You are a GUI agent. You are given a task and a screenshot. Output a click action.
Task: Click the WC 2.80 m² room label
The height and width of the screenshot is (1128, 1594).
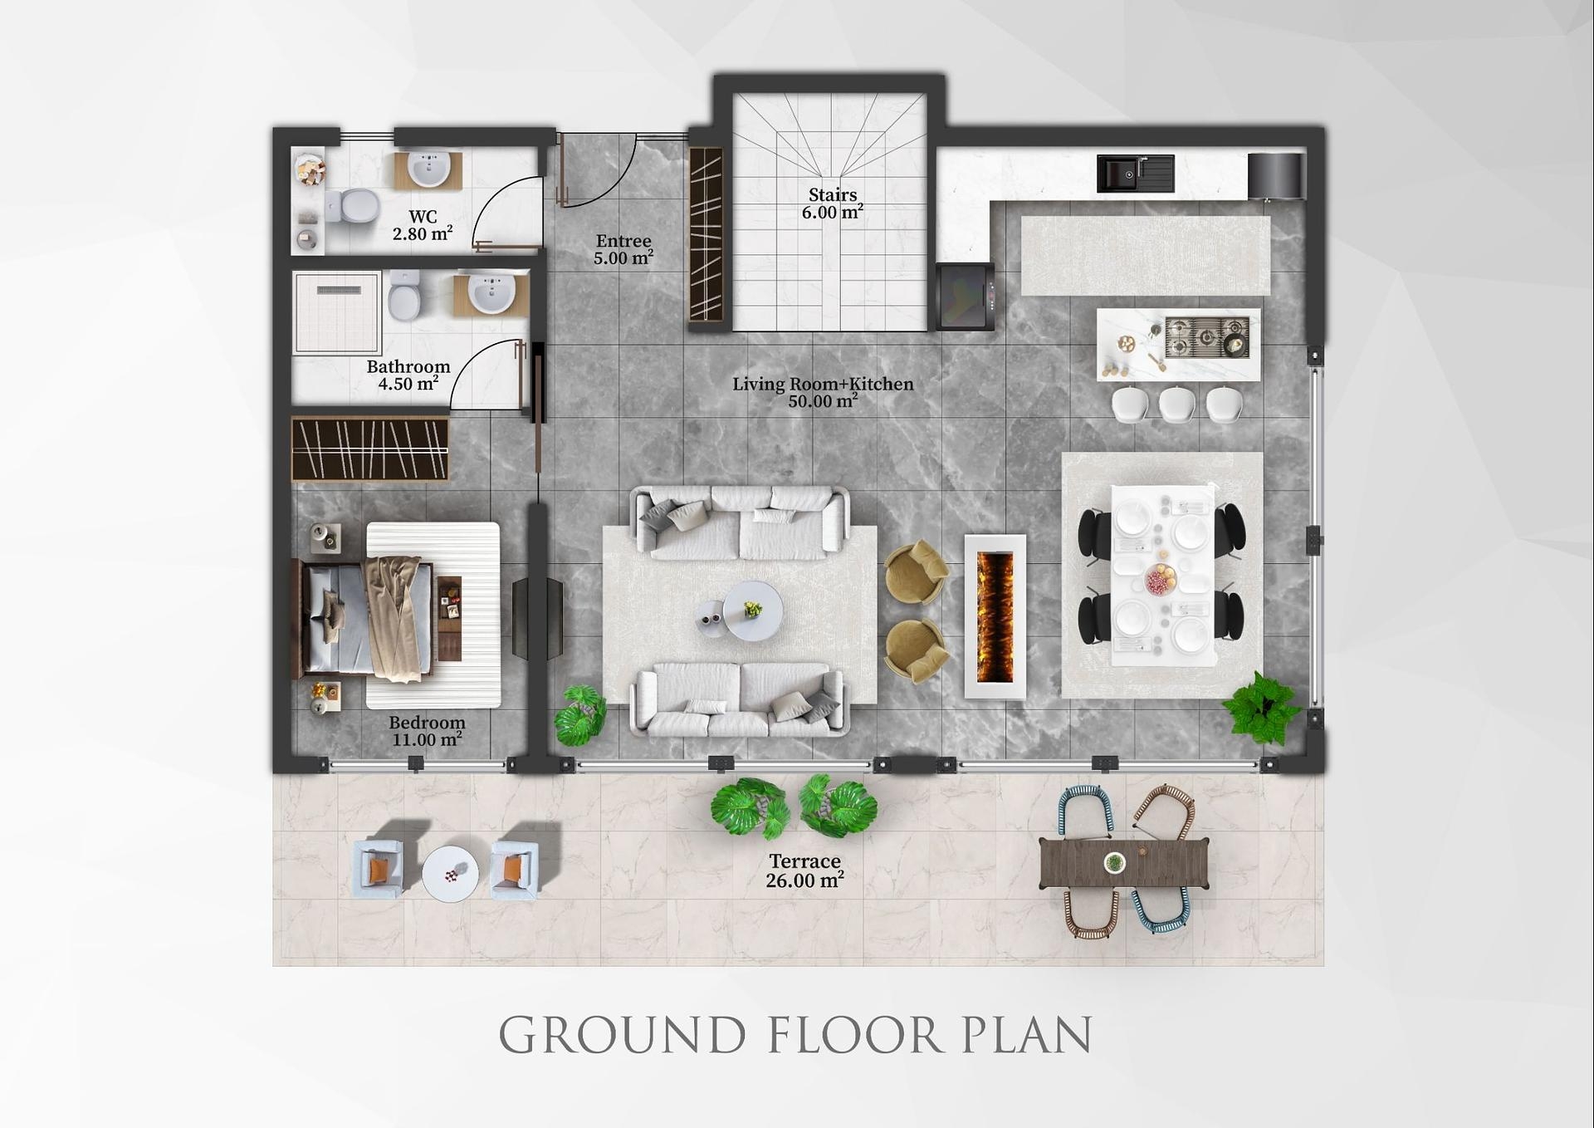pyautogui.click(x=423, y=226)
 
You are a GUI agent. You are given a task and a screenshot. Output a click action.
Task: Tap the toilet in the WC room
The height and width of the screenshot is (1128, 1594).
pyautogui.click(x=354, y=205)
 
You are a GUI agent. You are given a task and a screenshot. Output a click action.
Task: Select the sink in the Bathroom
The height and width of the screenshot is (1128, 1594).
pyautogui.click(x=491, y=293)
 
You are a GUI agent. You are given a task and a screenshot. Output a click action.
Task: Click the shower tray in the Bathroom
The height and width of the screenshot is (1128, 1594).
pyautogui.click(x=336, y=312)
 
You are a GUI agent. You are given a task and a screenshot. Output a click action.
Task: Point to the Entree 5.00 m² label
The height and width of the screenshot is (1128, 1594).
pyautogui.click(x=623, y=249)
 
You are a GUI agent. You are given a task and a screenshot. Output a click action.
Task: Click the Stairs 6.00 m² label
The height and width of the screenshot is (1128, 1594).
pyautogui.click(x=833, y=204)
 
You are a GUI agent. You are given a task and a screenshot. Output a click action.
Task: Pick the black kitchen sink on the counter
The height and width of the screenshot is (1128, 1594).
pyautogui.click(x=1134, y=174)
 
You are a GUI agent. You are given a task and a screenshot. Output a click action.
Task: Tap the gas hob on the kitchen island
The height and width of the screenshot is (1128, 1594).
pyautogui.click(x=1207, y=337)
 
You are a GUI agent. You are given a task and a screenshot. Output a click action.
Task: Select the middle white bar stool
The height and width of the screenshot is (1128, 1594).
pyautogui.click(x=1177, y=405)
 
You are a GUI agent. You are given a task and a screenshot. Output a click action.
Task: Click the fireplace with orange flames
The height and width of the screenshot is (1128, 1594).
pyautogui.click(x=995, y=616)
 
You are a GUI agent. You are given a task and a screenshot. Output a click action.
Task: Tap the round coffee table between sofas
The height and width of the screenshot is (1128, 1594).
pyautogui.click(x=752, y=611)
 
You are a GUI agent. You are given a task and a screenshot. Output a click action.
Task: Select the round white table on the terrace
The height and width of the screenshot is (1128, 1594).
pyautogui.click(x=450, y=874)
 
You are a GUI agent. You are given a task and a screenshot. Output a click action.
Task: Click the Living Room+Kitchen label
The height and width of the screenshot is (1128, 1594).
pyautogui.click(x=823, y=392)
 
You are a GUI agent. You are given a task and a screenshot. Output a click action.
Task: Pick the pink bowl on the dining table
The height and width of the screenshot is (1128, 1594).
pyautogui.click(x=1160, y=579)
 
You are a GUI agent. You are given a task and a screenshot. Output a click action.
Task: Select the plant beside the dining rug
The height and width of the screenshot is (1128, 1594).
pyautogui.click(x=1261, y=709)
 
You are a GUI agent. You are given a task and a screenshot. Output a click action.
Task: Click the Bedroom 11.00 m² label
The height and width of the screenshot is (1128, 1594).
pyautogui.click(x=427, y=731)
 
